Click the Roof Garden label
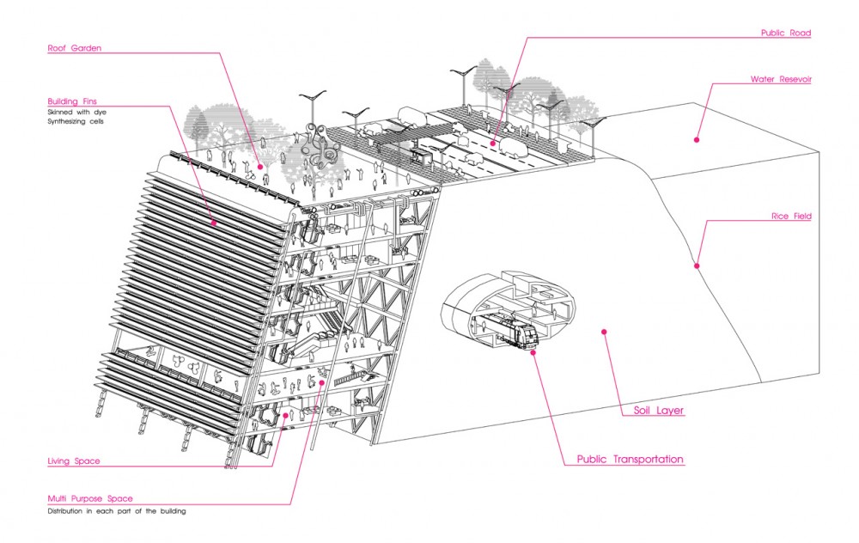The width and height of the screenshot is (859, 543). pyautogui.click(x=75, y=48)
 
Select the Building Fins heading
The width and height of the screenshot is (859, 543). pyautogui.click(x=72, y=101)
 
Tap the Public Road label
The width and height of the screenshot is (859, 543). pyautogui.click(x=786, y=33)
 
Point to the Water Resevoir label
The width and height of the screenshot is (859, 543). pyautogui.click(x=781, y=79)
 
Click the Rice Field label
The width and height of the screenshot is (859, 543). pyautogui.click(x=791, y=216)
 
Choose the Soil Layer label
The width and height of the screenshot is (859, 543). pyautogui.click(x=659, y=410)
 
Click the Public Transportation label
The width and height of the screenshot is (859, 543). pyautogui.click(x=630, y=459)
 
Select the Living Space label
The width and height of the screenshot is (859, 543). pyautogui.click(x=74, y=461)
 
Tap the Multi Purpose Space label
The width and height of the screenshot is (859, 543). pyautogui.click(x=90, y=498)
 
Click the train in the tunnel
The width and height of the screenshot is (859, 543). pyautogui.click(x=504, y=329)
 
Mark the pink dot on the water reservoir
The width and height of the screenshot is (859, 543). pyautogui.click(x=697, y=140)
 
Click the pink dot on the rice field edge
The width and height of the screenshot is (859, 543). pyautogui.click(x=697, y=266)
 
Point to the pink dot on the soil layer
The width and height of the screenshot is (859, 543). pyautogui.click(x=604, y=332)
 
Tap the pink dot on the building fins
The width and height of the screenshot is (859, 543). pyautogui.click(x=214, y=223)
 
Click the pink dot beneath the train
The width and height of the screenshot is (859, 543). pyautogui.click(x=533, y=352)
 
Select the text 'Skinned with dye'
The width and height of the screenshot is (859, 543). pyautogui.click(x=76, y=113)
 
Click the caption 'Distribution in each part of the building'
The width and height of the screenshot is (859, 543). pyautogui.click(x=117, y=511)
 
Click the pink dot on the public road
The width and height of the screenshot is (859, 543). pyautogui.click(x=492, y=143)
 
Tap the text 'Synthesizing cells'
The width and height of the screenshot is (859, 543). pyautogui.click(x=76, y=122)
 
